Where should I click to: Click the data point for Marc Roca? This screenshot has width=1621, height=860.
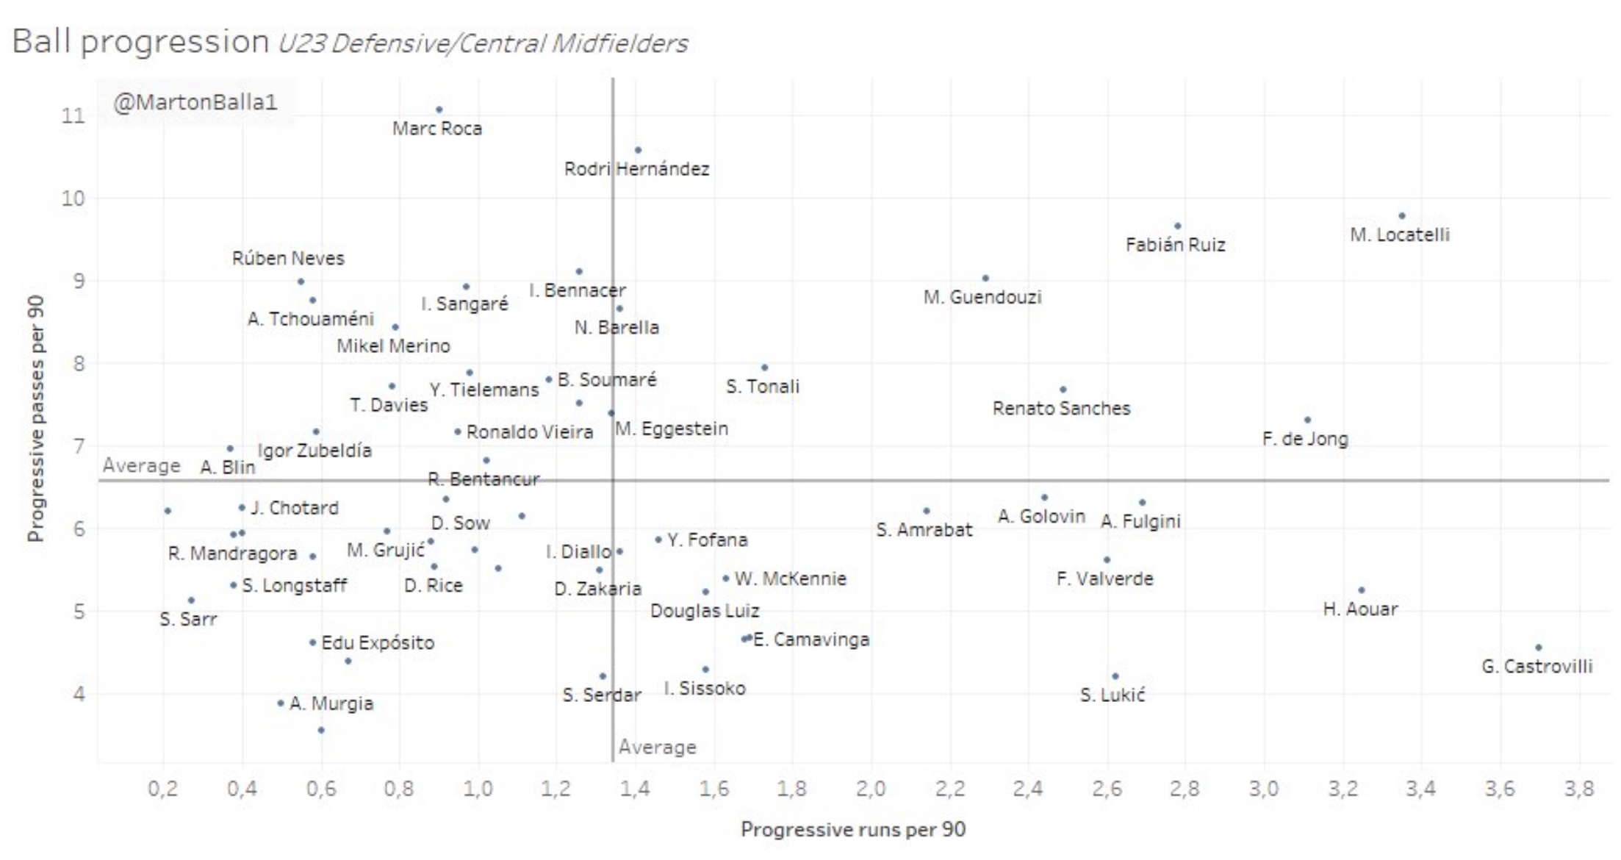coord(439,110)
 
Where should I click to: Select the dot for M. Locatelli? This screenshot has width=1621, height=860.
coord(1402,216)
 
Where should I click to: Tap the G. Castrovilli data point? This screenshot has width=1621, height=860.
coord(1539,648)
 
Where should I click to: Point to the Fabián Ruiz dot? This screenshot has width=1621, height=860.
coord(1178,226)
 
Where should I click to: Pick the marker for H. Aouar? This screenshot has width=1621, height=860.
coord(1362,590)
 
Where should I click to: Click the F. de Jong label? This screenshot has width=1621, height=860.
coord(1305,439)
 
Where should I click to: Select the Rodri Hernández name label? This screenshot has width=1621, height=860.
coord(636,169)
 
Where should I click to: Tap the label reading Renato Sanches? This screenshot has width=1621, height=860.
coord(1061,408)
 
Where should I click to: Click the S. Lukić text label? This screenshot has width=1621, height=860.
coord(1113,695)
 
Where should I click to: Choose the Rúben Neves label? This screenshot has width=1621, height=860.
coord(288,258)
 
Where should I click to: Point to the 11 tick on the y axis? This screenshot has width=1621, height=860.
coord(73,115)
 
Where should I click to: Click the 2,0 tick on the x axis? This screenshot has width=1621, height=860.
coord(871,789)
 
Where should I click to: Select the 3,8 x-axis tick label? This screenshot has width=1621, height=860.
coord(1579,789)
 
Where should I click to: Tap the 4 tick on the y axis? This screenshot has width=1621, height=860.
coord(79,693)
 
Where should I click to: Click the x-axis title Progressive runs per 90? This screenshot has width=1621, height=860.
coord(852,829)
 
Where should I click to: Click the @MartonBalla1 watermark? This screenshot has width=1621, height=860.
coord(195,102)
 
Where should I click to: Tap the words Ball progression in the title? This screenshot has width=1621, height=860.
coord(140,41)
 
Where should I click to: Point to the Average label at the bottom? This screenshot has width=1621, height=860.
coord(657,747)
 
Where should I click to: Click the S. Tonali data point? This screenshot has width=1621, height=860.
coord(764,368)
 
